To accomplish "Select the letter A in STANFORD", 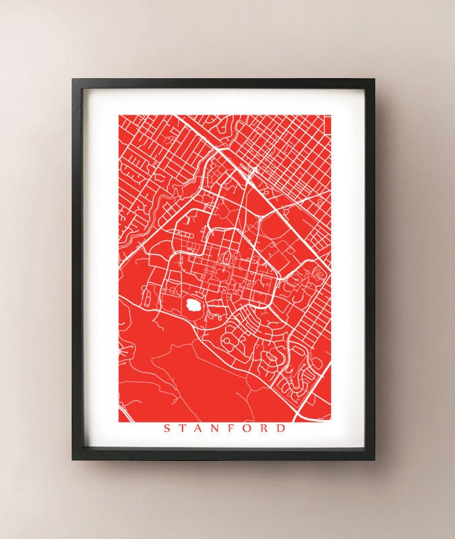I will pyautogui.click(x=200, y=429).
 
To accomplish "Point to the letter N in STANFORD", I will pyautogui.click(x=217, y=429).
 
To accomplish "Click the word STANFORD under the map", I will pyautogui.click(x=224, y=429).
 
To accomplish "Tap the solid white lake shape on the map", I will pyautogui.click(x=193, y=305).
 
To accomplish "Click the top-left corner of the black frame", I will pyautogui.click(x=73, y=80).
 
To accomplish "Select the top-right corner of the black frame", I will pyautogui.click(x=374, y=80).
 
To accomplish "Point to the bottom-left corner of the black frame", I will pyautogui.click(x=73, y=460).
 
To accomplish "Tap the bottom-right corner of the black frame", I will pyautogui.click(x=374, y=460).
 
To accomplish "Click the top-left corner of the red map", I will pyautogui.click(x=119, y=115).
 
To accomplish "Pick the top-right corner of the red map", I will pyautogui.click(x=332, y=115).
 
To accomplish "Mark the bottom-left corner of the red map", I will pyautogui.click(x=119, y=422).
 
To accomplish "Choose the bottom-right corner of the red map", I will pyautogui.click(x=332, y=422).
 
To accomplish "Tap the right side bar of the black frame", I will pyautogui.click(x=371, y=269).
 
